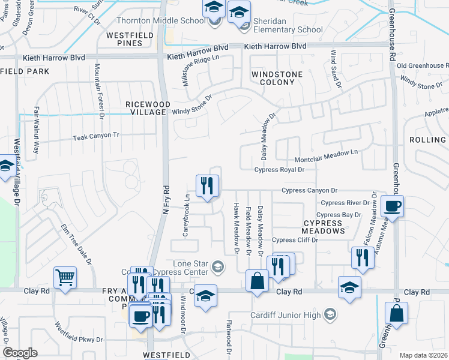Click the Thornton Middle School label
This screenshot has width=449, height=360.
pyautogui.click(x=160, y=20)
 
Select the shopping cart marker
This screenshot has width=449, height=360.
pyautogui.click(x=65, y=277)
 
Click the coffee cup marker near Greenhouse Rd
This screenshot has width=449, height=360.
pyautogui.click(x=392, y=207)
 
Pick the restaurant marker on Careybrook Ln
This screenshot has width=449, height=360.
pyautogui.click(x=207, y=185)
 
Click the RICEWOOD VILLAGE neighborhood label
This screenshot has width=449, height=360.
pyautogui.click(x=146, y=108)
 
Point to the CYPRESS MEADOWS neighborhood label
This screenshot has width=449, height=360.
pyautogui.click(x=323, y=227)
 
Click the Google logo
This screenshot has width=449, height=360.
pyautogui.click(x=20, y=353)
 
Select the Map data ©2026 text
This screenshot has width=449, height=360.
pyautogui.click(x=423, y=355)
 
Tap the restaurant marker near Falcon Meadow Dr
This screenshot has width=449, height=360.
pyautogui.click(x=361, y=258)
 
